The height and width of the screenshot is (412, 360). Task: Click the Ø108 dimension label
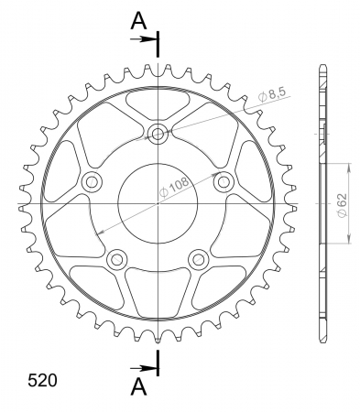tap(174, 187)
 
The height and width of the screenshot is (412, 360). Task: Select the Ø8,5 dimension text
tap(272, 94)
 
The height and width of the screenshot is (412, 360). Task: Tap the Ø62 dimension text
tap(343, 205)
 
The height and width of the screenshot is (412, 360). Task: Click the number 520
tap(42, 380)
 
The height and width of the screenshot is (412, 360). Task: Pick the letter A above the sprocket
tap(138, 21)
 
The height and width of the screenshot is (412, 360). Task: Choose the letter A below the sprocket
tap(138, 386)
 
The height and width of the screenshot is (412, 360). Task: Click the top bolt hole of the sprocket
tap(158, 134)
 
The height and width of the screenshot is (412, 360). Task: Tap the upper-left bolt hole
tap(92, 182)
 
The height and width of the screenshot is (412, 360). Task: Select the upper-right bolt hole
tap(224, 182)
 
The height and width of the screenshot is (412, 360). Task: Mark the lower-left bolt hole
tap(117, 259)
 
